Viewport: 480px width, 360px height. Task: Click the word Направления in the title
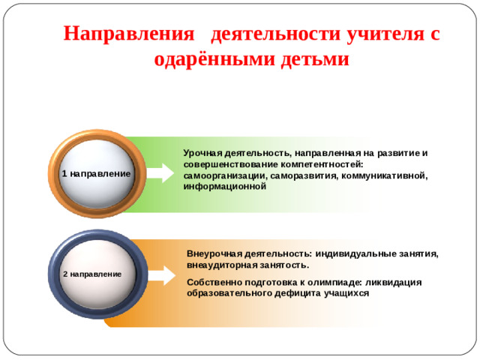(128, 34)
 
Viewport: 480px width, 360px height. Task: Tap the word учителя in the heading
(377, 34)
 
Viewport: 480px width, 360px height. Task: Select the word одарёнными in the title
(211, 58)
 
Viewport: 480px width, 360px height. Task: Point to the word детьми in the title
(312, 58)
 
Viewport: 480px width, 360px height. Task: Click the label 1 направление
(95, 173)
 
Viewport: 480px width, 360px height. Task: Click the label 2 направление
(92, 274)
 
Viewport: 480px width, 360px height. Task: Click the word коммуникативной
(383, 175)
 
